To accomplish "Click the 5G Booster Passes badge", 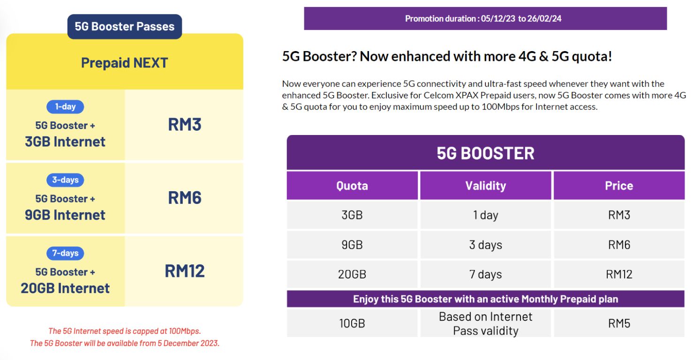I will (x=124, y=26).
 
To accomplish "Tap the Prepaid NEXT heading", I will (x=124, y=63).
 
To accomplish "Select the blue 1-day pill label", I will (x=65, y=106).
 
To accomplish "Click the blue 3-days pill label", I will (x=65, y=180).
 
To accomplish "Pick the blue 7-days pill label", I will (x=65, y=253).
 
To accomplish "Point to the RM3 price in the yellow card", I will (x=184, y=125).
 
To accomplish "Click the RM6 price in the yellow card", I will (x=184, y=198).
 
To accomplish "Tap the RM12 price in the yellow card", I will (x=184, y=271).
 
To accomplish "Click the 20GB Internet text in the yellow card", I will (x=65, y=288).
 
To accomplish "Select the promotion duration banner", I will (x=485, y=19).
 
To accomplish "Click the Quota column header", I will (x=352, y=186).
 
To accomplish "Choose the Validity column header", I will (x=485, y=186).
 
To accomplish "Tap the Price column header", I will (x=619, y=186).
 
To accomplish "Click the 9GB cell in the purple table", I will (x=352, y=245).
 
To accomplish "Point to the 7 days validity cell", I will (x=485, y=274).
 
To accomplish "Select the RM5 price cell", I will (x=619, y=323).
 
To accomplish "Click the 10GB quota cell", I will (x=352, y=323).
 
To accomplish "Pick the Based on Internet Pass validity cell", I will (x=485, y=323).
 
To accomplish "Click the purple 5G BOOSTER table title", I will (x=485, y=153).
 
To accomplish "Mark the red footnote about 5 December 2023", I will (x=125, y=343).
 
